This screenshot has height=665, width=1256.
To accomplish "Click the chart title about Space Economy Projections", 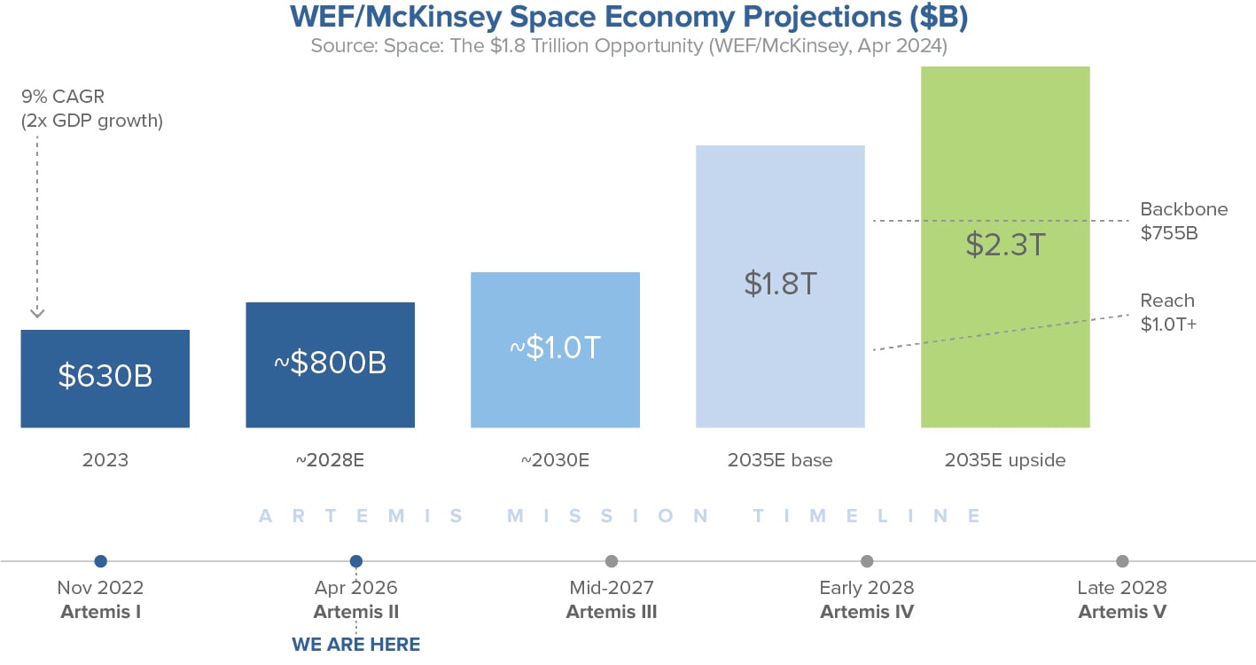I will click(x=628, y=18).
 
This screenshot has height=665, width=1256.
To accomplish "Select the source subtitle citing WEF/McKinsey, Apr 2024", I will click(x=628, y=46).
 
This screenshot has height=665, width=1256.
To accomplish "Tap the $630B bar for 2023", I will click(x=105, y=379).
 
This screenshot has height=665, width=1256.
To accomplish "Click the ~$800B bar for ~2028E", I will click(x=330, y=365).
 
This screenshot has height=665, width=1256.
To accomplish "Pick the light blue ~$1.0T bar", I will click(x=555, y=349).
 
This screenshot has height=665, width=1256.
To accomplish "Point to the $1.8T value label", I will click(x=780, y=284).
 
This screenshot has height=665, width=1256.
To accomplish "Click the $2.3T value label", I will click(x=1005, y=245).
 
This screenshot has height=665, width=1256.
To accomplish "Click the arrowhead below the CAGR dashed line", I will click(x=37, y=312).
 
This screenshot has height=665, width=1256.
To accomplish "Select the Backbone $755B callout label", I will click(x=1183, y=221).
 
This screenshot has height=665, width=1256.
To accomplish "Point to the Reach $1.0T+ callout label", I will click(x=1168, y=312).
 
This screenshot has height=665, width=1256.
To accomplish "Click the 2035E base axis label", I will click(x=780, y=460).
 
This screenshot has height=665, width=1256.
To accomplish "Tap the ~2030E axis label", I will click(x=555, y=460).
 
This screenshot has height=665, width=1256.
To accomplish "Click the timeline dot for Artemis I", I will click(x=100, y=561).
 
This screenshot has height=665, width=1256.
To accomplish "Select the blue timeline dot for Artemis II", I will click(x=356, y=561).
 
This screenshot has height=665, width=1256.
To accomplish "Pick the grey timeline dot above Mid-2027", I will click(x=612, y=561).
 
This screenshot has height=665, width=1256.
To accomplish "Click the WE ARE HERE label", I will click(x=356, y=644).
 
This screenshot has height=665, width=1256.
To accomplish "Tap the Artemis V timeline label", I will click(x=1122, y=612).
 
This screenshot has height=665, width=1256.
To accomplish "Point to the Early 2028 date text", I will click(x=867, y=588).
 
